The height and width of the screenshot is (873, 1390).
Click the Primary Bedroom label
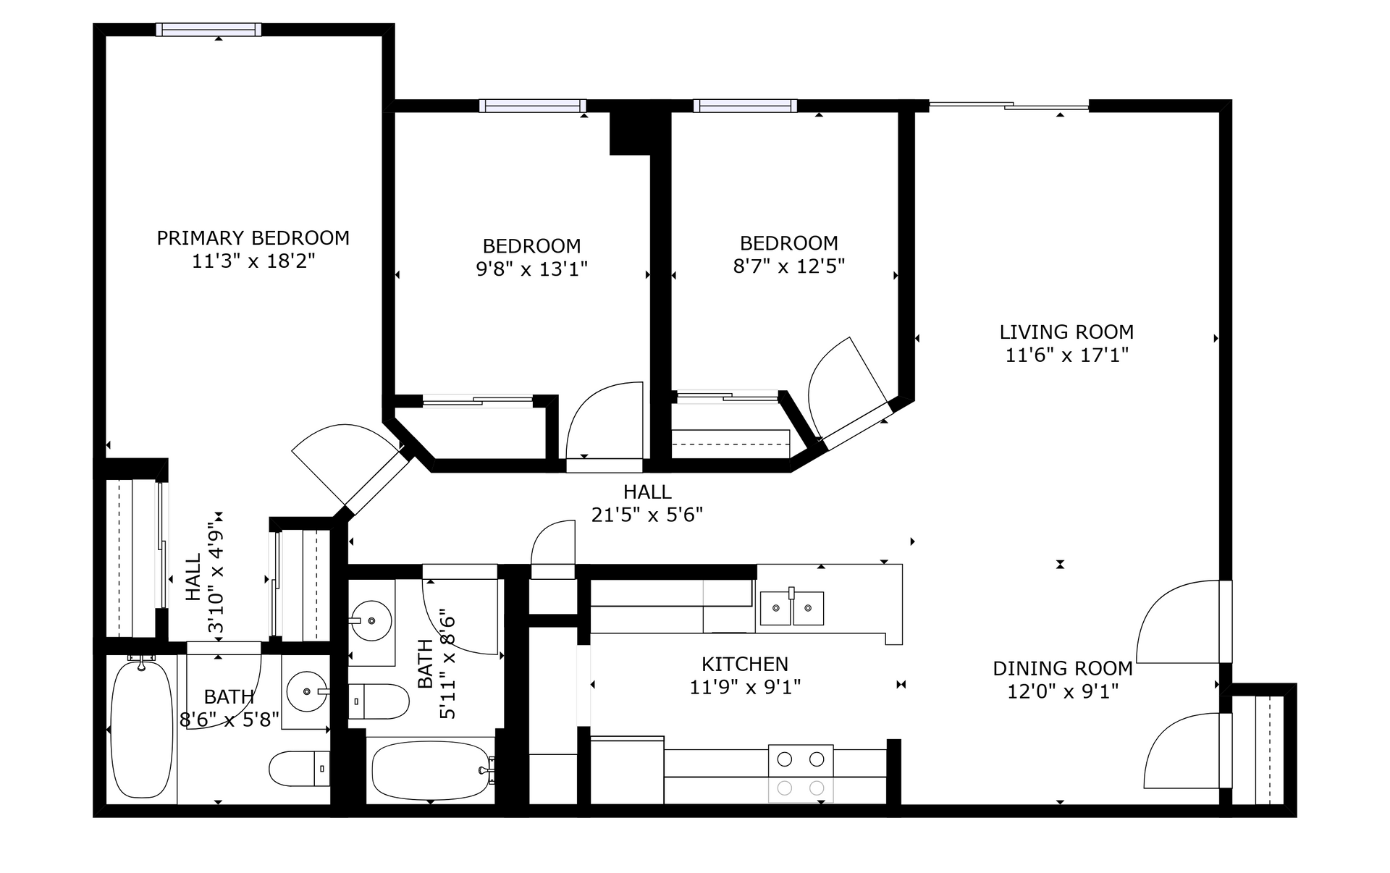click(x=253, y=237)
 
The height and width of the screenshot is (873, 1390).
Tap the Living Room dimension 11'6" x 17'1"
click(x=1066, y=355)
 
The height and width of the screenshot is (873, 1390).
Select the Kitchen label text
click(x=745, y=664)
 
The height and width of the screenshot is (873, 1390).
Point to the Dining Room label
click(x=1063, y=668)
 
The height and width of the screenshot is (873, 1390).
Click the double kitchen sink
click(x=792, y=607)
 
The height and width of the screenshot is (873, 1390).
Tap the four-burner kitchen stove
click(x=801, y=773)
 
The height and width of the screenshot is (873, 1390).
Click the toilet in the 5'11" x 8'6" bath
click(x=379, y=701)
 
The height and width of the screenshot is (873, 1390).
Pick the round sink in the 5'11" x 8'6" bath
click(x=371, y=620)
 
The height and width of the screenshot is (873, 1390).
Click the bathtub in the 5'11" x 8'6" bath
click(x=432, y=770)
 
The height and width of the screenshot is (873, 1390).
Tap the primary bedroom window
click(x=208, y=29)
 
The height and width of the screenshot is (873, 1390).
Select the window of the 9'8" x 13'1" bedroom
click(x=532, y=106)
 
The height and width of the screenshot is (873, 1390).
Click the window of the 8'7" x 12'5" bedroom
click(x=745, y=106)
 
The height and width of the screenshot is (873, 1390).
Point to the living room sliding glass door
click(x=1008, y=106)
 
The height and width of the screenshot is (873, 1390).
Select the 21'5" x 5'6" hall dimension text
click(x=647, y=515)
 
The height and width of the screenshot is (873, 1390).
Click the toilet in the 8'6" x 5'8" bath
click(x=300, y=767)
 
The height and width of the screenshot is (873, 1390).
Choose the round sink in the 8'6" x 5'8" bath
click(x=308, y=691)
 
